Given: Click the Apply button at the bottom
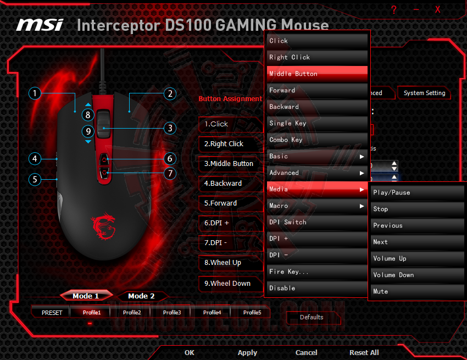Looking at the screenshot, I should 247,352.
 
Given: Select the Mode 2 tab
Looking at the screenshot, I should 141,296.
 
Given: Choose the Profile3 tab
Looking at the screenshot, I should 172,312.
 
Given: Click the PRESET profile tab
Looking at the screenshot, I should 52,312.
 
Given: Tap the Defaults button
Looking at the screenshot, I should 312,317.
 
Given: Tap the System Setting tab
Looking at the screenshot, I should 424,93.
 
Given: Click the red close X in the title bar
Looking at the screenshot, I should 437,9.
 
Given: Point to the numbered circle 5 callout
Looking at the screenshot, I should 35,179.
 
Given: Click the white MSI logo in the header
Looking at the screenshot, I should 40,25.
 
